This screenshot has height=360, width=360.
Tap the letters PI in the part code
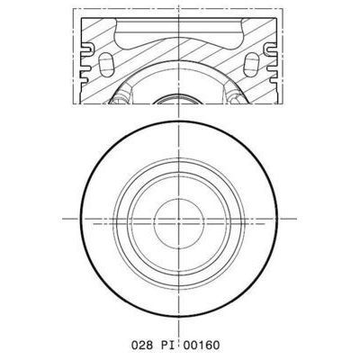pos(173,343)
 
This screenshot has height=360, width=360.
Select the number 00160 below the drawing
pos(210,343)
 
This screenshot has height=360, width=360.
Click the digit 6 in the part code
pos(216,343)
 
